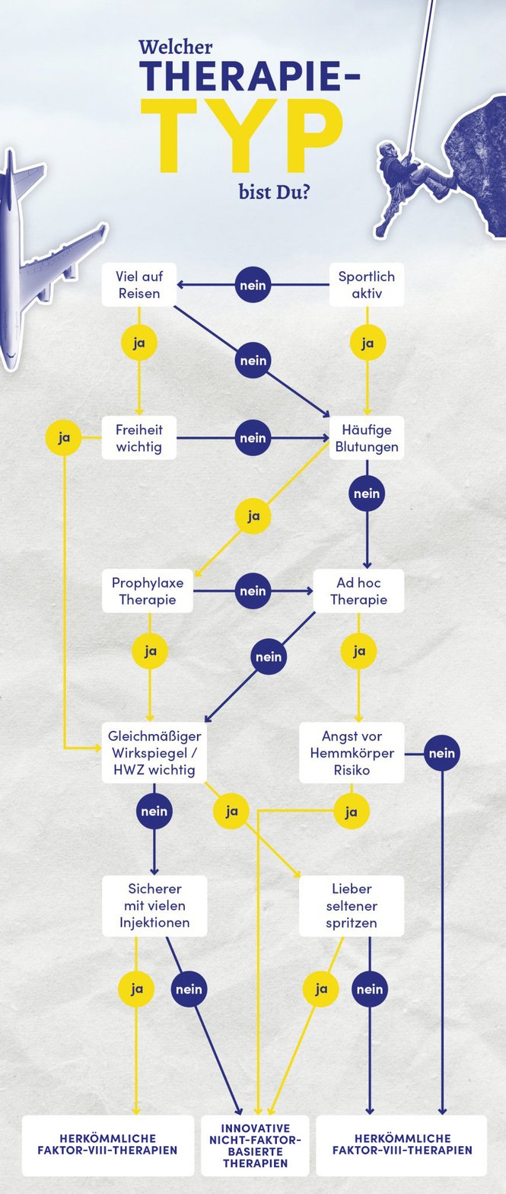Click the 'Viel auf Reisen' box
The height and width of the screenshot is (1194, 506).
139,285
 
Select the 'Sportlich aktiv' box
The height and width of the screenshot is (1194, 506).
367,285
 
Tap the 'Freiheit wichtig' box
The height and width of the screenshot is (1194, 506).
139,438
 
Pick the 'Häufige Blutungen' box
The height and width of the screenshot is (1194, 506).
367,438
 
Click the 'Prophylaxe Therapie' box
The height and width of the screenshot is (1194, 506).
148,591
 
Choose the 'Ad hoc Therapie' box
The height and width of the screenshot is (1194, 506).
358,591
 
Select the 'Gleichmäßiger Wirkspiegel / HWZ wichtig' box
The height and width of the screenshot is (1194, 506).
154,752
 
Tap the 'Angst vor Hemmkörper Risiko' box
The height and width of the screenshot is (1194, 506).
352,752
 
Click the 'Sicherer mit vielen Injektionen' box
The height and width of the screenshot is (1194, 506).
154,905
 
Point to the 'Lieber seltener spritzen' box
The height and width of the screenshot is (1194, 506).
352,905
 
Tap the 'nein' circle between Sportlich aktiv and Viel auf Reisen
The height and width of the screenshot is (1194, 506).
253,285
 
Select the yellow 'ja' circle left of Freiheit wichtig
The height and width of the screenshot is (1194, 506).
64,438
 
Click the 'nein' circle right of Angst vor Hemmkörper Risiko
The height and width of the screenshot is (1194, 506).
442,753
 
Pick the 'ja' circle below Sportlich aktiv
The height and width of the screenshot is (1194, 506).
368,343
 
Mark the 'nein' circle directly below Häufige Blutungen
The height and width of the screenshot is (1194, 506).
367,493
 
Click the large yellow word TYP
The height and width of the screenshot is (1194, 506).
241,135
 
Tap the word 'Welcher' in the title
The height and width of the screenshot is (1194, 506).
176,48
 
